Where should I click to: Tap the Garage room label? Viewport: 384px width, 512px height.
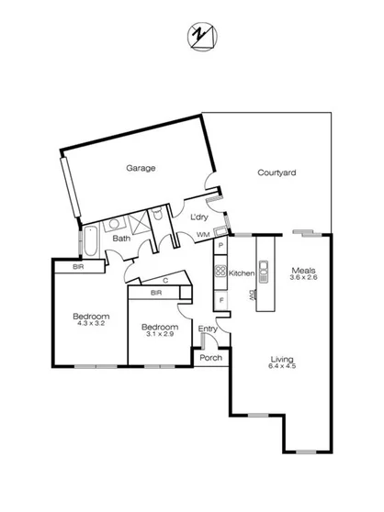141,168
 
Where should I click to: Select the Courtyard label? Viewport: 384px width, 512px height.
276,173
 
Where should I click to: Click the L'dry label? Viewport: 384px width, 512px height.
198,217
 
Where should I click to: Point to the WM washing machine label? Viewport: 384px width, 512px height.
203,236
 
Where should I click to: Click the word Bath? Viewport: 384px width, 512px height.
121,239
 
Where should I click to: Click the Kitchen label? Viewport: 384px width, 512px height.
241,273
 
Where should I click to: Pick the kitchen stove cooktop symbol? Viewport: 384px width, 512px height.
220,272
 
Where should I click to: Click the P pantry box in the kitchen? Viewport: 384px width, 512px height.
220,248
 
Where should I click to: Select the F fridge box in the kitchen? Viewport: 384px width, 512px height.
220,301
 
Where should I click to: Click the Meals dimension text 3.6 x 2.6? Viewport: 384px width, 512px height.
304,279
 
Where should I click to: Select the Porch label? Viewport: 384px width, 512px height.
210,358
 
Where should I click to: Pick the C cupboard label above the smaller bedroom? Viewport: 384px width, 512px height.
164,281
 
